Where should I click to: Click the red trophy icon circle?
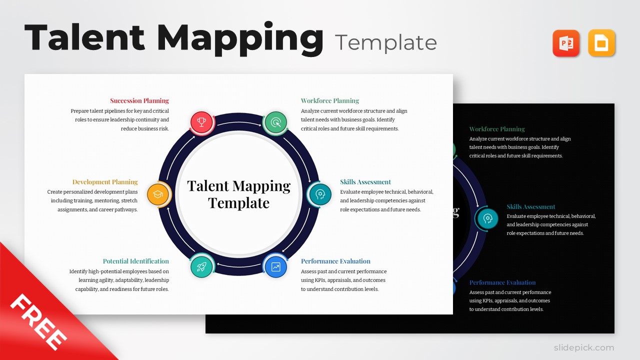(201, 122)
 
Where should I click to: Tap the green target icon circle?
(275, 122)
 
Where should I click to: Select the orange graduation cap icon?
(158, 194)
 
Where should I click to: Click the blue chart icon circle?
(275, 267)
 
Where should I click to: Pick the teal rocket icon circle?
(201, 267)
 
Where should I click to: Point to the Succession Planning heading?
(139, 100)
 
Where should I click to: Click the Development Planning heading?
(105, 182)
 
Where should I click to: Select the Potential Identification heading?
(136, 261)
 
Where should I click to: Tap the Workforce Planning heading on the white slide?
(330, 100)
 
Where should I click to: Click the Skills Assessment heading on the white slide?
(365, 182)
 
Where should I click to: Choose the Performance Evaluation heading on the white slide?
(335, 261)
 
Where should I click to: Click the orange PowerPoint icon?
(566, 43)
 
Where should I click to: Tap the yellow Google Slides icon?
(601, 43)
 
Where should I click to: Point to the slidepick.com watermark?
(583, 347)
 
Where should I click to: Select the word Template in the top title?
(386, 43)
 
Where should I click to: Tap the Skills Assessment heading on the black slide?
(531, 206)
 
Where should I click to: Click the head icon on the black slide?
(487, 218)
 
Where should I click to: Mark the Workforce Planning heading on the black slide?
(497, 129)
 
